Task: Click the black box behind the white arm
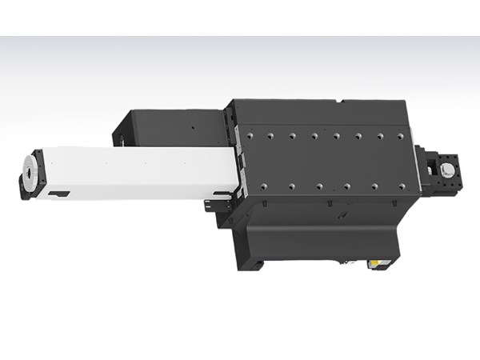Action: [168, 128]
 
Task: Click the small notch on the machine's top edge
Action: [342, 102]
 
